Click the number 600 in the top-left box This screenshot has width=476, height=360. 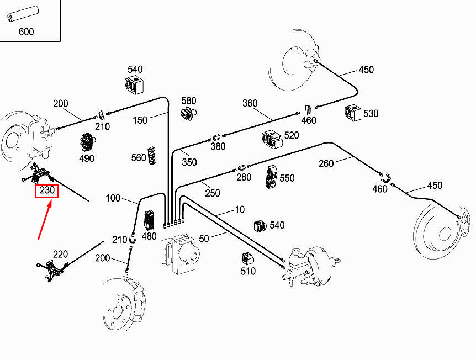pos(26,31)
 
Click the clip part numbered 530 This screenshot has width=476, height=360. pos(352,112)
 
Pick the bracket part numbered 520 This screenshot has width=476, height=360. pos(272,140)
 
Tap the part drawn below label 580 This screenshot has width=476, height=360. pos(189,115)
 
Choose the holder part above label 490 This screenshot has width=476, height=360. pos(87,142)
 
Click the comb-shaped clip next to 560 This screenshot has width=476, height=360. pos(153,157)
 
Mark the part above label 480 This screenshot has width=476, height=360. pos(149,220)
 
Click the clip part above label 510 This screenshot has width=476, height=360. pos(247,258)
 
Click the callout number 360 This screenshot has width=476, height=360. pos(250,103)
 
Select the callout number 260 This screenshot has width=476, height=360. pos(326,163)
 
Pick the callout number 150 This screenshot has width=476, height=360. pos(140,120)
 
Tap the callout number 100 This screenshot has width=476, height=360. pos(113,198)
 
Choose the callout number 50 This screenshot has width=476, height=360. pos(204,238)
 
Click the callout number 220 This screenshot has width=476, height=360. pos(60,254)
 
